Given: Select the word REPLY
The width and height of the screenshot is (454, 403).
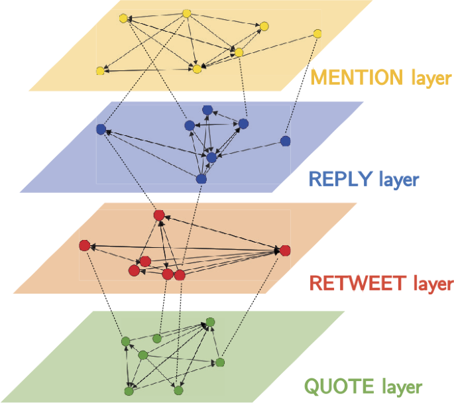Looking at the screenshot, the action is pos(341,180).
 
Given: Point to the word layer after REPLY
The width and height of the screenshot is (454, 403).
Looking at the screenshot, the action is pos(398,180).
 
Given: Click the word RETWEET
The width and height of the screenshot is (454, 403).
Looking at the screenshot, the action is pos(357,284).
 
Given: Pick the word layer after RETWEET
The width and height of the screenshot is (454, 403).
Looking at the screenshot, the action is pos(433,284).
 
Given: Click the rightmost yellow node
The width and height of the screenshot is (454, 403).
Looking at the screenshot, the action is pos(317,34).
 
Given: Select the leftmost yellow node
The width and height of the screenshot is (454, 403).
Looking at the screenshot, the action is pos(100,71).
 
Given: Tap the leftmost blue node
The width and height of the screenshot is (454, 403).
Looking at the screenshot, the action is pos(101,129).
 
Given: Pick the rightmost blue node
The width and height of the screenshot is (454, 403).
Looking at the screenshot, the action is pos(285,141).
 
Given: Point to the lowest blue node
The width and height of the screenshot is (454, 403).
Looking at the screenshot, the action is pos(201,179).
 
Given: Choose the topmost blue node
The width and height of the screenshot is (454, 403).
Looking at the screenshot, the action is pos(207,109).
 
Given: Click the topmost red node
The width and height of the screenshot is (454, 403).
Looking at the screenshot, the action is pos(159,215).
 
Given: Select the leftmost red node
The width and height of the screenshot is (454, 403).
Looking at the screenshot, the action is pos(84,246).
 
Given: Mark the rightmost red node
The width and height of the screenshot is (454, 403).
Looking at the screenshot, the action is pos(285,251).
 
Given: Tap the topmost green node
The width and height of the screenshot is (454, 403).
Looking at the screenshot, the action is pos(210,322).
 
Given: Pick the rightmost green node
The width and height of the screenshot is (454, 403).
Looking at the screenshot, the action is pos(220,363).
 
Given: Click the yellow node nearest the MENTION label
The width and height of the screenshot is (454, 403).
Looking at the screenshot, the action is pos(317,34).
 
